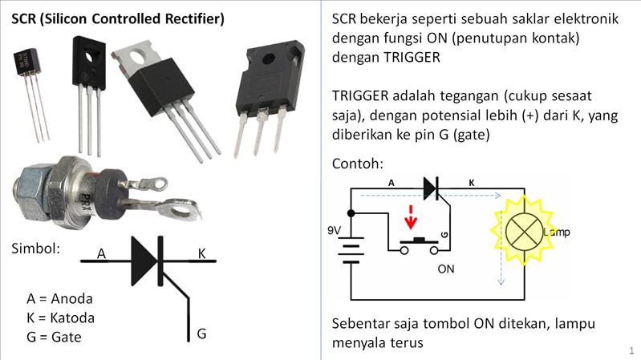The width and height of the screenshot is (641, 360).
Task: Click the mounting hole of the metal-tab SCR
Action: pyautogui.click(x=140, y=58)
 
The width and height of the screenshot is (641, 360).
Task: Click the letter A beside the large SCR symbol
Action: pyautogui.click(x=101, y=254)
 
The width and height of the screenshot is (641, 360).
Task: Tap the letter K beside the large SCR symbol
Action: pyautogui.click(x=202, y=253)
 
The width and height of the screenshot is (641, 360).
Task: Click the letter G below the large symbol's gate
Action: pyautogui.click(x=201, y=333)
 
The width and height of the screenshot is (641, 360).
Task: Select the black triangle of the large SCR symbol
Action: pyautogui.click(x=143, y=261)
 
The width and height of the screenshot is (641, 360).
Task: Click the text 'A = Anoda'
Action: pyautogui.click(x=59, y=298)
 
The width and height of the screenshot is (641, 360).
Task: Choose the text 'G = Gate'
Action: pyautogui.click(x=55, y=337)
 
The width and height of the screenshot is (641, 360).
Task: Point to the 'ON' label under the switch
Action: pyautogui.click(x=446, y=269)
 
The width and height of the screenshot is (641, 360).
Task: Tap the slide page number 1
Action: pyautogui.click(x=631, y=350)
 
